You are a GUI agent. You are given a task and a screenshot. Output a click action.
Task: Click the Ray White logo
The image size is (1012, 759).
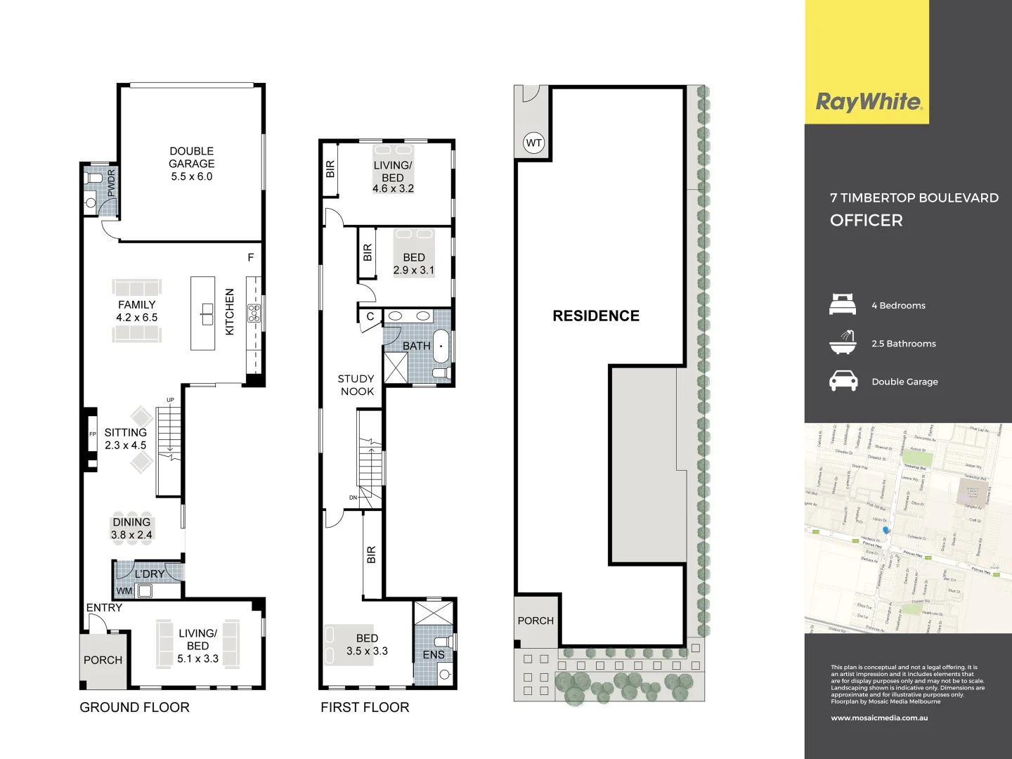(868, 103)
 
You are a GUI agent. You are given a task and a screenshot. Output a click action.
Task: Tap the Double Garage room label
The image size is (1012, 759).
(191, 164)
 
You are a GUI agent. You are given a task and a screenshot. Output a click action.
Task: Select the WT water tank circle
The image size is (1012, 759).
(534, 143)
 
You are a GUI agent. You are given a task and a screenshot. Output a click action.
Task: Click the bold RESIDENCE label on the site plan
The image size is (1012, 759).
(596, 316)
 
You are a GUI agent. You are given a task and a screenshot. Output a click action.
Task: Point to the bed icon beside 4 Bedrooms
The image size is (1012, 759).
(843, 304)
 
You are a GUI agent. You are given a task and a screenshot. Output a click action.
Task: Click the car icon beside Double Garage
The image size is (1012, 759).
(843, 381)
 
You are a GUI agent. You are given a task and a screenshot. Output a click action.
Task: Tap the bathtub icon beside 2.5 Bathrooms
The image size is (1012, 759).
(843, 342)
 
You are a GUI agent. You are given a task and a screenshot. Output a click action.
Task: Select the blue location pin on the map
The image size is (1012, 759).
(886, 530)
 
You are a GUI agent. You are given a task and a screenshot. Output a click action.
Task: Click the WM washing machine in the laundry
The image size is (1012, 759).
(145, 591)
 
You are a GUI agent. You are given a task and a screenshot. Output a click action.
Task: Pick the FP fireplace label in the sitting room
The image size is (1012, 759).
(92, 434)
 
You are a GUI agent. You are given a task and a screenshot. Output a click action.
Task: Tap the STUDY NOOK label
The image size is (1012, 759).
(356, 385)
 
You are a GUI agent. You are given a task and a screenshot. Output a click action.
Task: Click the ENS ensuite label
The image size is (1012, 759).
(434, 655)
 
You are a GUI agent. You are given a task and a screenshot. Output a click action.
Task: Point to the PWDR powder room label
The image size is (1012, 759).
(111, 183)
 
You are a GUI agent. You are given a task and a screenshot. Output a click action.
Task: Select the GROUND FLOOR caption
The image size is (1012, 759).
(134, 708)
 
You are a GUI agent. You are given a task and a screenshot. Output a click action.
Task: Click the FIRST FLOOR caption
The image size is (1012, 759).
(365, 708)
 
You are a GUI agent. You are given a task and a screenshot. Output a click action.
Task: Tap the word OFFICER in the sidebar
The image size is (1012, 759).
(866, 221)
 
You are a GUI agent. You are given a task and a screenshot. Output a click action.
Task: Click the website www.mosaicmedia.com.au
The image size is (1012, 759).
(879, 718)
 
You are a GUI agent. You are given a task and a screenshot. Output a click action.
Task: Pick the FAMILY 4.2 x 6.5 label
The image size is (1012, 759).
(136, 311)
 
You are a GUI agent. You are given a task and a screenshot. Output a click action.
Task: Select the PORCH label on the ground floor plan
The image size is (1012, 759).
(103, 661)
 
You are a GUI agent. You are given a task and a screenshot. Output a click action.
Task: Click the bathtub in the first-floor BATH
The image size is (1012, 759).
(441, 346)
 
